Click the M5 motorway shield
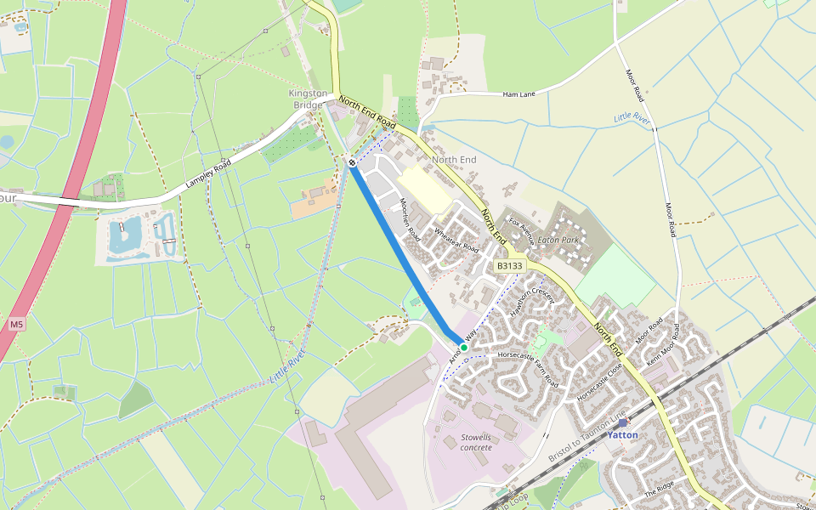[x=17, y=325]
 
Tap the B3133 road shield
[x=509, y=266]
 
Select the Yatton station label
[x=622, y=435]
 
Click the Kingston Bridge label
[x=307, y=99]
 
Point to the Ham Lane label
[x=518, y=94]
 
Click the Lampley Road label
[x=209, y=178]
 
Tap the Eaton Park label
[x=558, y=241]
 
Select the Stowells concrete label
[x=476, y=442]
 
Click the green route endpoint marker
[x=464, y=348]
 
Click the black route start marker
[x=352, y=161]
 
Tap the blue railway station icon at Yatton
[x=622, y=422]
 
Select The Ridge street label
[x=659, y=488]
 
